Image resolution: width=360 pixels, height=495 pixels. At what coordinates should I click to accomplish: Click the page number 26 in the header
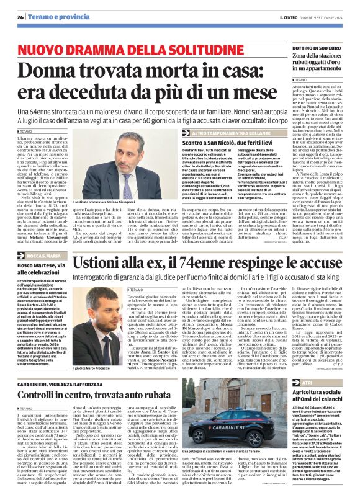tap(20, 17)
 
